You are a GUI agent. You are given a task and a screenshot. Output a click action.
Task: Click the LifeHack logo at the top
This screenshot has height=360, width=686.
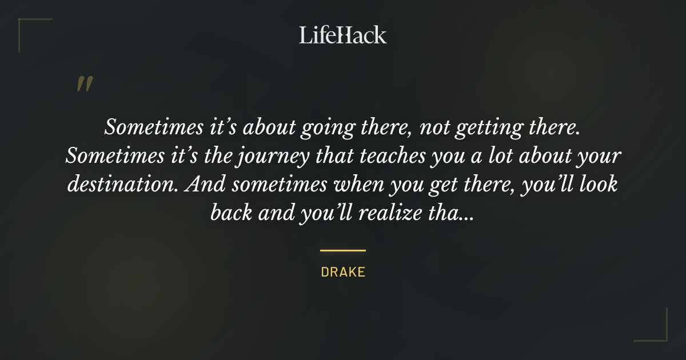[343, 35]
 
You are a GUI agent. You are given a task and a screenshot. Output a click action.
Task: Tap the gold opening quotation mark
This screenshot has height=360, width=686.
[84, 85]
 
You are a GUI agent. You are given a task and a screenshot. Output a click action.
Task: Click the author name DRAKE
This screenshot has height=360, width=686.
[343, 272]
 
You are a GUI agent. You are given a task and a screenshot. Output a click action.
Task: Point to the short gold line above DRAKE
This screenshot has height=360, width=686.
[343, 250]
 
